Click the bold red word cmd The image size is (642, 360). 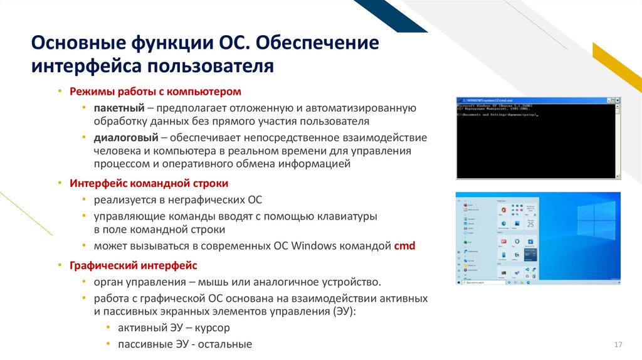tap(404, 246)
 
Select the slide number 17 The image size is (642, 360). tap(618, 345)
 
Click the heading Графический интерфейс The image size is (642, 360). tap(134, 265)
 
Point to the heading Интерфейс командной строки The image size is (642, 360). tap(149, 183)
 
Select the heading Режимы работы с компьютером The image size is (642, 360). tap(155, 91)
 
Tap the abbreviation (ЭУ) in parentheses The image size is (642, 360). tap(344, 311)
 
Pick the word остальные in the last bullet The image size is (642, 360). tap(224, 344)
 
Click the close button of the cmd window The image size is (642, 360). tap(616, 100)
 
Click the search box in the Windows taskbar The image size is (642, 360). tap(480, 283)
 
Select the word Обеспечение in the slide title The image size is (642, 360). tap(317, 45)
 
